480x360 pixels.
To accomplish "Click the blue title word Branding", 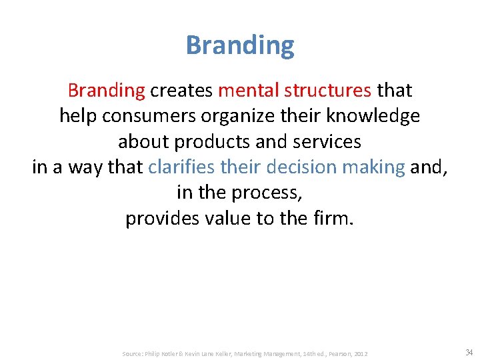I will pos(240,46).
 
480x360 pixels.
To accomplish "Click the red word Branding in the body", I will pos(106,90).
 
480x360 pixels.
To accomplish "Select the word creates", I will pos(181,90).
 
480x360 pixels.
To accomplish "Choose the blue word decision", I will pos(299,167).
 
